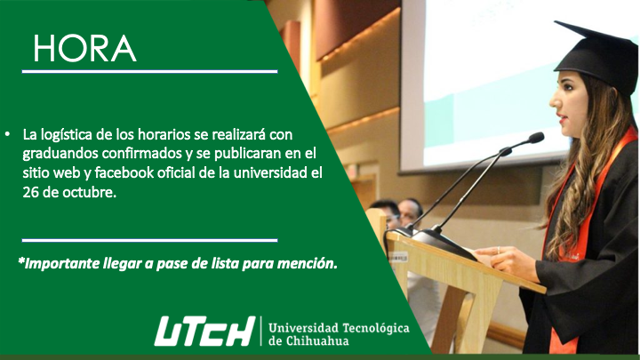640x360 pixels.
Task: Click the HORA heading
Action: (84, 49)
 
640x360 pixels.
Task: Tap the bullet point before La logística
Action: (7, 133)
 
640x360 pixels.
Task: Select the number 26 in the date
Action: (30, 192)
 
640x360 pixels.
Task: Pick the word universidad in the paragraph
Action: (270, 172)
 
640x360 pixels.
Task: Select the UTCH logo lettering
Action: (205, 331)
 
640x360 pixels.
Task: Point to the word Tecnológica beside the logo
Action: (376, 329)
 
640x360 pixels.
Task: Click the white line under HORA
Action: (150, 71)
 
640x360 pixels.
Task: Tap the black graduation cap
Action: (596, 56)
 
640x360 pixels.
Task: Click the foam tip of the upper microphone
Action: (536, 138)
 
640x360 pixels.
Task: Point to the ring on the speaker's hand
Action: (498, 250)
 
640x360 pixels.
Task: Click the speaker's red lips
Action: (563, 119)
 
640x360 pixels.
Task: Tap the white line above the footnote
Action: (150, 240)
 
